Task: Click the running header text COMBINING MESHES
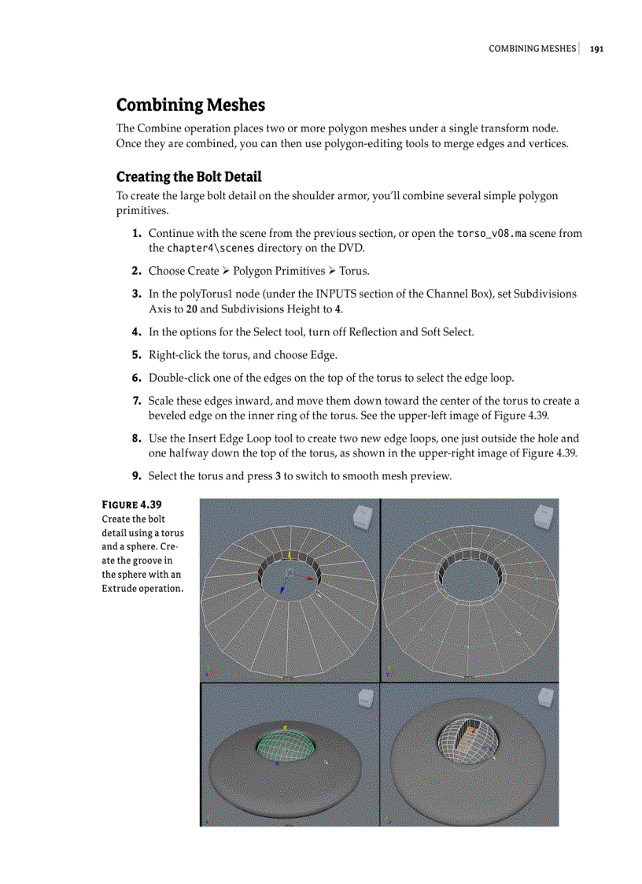[532, 48]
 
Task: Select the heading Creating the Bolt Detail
[189, 176]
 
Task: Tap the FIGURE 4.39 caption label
[132, 504]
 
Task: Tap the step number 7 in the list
[137, 401]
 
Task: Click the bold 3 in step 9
[279, 476]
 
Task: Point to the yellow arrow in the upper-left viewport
[290, 556]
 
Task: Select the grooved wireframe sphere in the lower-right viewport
[469, 741]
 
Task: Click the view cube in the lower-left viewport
[366, 698]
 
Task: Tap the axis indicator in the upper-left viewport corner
[207, 671]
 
